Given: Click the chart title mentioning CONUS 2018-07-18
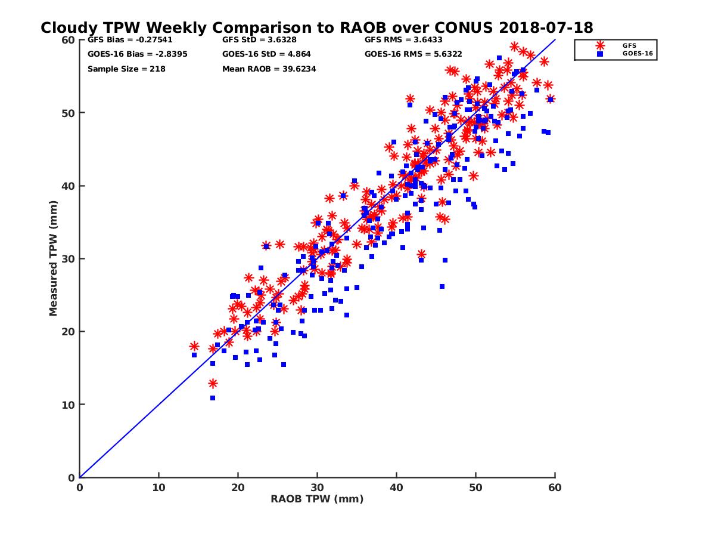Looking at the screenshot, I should (x=316, y=27).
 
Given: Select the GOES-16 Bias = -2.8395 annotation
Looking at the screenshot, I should (x=129, y=54).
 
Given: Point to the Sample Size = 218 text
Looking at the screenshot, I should (x=126, y=69).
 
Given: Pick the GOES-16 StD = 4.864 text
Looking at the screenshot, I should (x=266, y=54).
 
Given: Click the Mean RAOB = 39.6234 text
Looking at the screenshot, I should (x=269, y=69).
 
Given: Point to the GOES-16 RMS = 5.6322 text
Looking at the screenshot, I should (x=414, y=54).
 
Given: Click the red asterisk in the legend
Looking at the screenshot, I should (x=599, y=45).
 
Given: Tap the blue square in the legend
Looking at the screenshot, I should (x=599, y=54).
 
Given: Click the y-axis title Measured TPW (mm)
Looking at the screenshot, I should (x=53, y=258).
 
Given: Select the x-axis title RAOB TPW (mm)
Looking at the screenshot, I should (x=317, y=499).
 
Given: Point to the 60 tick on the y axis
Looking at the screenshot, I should (x=68, y=40).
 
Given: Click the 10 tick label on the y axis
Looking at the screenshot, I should (x=68, y=405).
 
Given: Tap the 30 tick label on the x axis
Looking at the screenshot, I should (x=317, y=487).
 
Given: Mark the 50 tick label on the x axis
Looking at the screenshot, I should (x=475, y=487).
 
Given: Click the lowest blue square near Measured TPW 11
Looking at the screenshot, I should (x=213, y=398).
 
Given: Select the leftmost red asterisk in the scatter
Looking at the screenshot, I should (x=194, y=346).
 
